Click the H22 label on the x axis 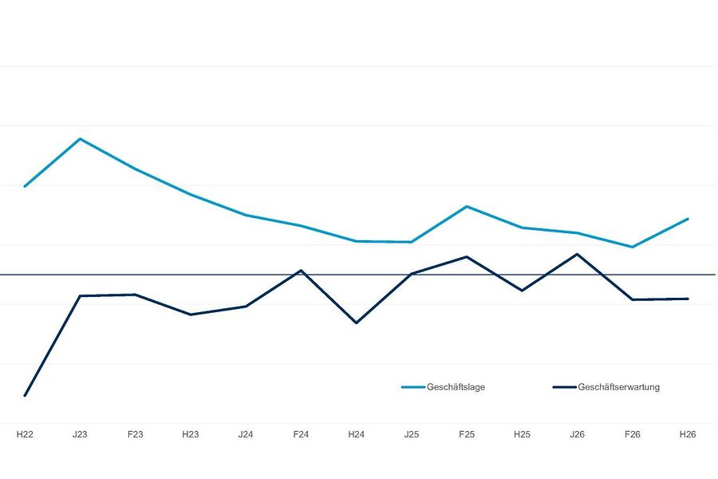(25, 434)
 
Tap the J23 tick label (80, 434)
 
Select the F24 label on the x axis (301, 434)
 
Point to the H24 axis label (357, 434)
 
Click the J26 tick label (577, 434)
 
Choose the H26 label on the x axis (688, 434)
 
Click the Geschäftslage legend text (456, 387)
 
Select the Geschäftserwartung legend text (618, 387)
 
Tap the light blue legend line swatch (413, 387)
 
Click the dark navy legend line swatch (564, 387)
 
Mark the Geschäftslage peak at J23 (80, 138)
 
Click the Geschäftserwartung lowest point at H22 (25, 395)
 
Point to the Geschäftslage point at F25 (467, 206)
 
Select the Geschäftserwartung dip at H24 (357, 323)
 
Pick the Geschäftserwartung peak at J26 (577, 254)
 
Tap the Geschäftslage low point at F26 (633, 247)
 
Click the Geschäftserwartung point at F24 (301, 271)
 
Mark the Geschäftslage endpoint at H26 (688, 219)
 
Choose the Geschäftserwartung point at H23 (191, 315)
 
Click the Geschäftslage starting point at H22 (25, 186)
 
